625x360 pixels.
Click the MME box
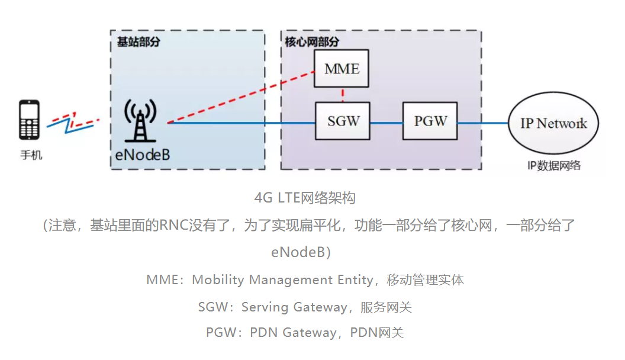342,69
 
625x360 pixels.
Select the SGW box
343,121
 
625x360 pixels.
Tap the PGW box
430,121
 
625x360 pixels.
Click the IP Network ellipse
553,123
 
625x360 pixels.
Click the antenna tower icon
140,120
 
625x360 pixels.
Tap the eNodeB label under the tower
142,155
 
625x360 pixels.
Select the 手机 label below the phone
31,156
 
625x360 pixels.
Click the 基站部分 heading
138,42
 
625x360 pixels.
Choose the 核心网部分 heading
312,42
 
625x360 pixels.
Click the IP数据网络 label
554,165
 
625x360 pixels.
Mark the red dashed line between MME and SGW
343,95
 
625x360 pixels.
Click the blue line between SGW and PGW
386,123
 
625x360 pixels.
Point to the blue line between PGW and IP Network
482,123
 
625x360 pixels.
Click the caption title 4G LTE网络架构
305,198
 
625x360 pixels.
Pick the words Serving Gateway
294,307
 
